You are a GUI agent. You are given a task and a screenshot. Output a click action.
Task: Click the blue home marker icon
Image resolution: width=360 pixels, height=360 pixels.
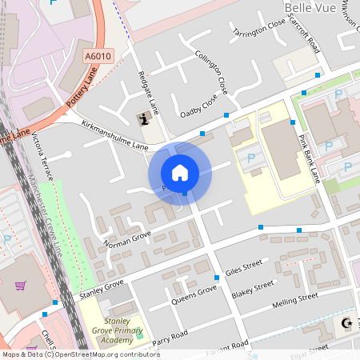pos(180,172)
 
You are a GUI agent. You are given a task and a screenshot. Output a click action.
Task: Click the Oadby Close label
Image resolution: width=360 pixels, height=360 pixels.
pos(198,106)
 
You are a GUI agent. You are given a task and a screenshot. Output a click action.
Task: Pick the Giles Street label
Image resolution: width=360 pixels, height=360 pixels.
pos(244,266)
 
